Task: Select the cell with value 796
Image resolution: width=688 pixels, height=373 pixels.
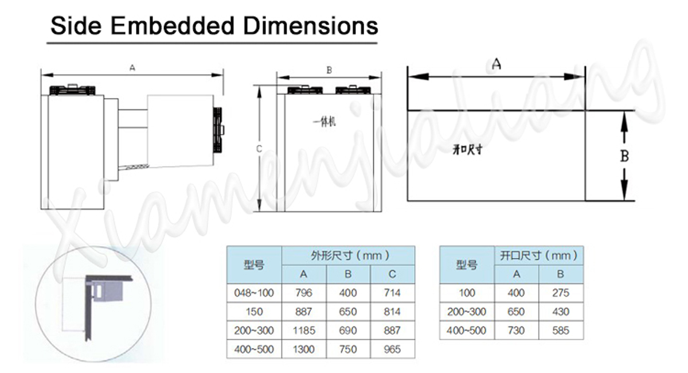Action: [x=304, y=293]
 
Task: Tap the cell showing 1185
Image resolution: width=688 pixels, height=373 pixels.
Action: [x=304, y=331]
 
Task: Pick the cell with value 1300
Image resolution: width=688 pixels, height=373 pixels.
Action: [x=304, y=349]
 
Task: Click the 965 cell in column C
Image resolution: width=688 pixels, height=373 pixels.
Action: [x=392, y=349]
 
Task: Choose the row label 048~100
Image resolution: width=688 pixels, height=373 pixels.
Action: [x=254, y=293]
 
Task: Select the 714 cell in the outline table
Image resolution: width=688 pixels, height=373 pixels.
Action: [x=392, y=293]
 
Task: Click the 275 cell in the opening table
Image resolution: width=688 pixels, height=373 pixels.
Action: [x=560, y=293]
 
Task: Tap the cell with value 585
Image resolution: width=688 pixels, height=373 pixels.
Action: [x=560, y=330]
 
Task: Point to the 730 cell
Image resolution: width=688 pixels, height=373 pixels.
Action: [x=516, y=330]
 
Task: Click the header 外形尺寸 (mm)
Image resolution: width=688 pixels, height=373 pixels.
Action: [x=348, y=255]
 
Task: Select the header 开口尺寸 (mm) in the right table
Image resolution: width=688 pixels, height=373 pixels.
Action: [x=538, y=255]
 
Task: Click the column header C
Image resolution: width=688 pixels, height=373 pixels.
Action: [x=392, y=274]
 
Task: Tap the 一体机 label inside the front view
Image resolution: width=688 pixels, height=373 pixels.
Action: [x=324, y=122]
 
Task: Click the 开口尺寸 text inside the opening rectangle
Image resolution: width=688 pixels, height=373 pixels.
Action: [x=467, y=150]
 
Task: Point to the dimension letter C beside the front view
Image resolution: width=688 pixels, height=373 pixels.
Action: [x=259, y=149]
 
